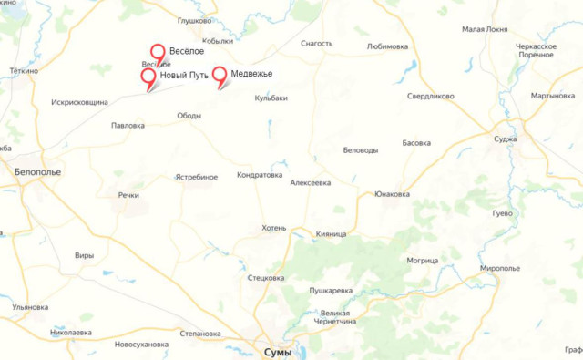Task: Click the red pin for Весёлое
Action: [158, 53]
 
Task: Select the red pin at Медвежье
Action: [220, 75]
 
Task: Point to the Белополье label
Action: [37, 170]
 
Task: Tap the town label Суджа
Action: [506, 139]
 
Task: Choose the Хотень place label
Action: [273, 228]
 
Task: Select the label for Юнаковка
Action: [392, 194]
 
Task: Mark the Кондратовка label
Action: [260, 175]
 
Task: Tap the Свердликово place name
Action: [430, 95]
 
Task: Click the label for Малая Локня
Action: [484, 29]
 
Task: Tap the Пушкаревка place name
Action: [331, 291]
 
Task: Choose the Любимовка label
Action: [387, 46]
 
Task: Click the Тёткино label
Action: [25, 70]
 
